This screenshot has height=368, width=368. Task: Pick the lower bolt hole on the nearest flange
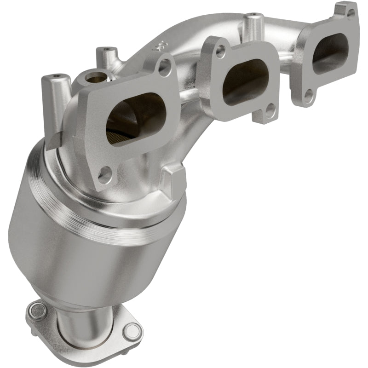pos(105,175)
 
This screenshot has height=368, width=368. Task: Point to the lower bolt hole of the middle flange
pos(270,110)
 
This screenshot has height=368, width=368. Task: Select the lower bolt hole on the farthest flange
pos(309,96)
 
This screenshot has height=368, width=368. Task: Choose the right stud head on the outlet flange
pos(132,331)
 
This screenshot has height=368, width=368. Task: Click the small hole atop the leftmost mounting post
pos(56,76)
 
